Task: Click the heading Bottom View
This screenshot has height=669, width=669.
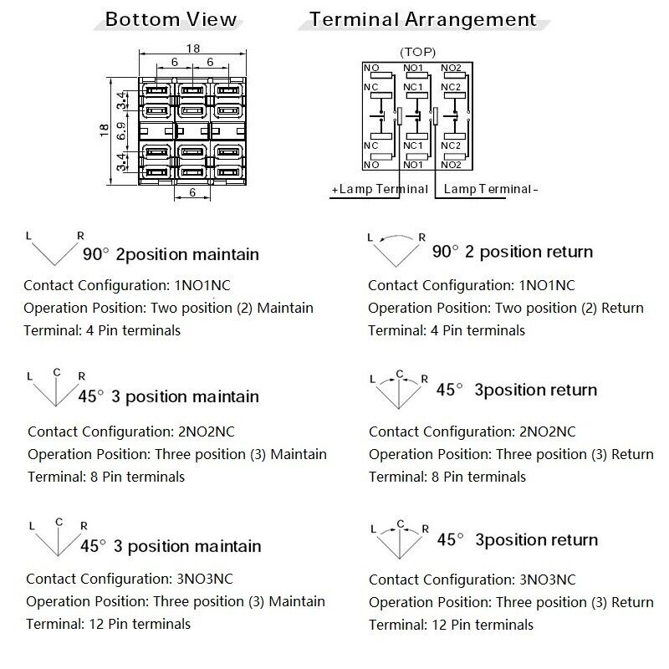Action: [171, 19]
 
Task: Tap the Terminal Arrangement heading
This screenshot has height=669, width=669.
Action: [423, 18]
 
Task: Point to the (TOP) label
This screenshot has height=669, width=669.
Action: [418, 52]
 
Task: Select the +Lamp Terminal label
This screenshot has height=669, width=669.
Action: [380, 189]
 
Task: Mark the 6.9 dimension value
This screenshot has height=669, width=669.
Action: [121, 130]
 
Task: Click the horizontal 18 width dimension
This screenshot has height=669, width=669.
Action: [192, 49]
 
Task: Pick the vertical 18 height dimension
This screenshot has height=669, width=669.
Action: [105, 130]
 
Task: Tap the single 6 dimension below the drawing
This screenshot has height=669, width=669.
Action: [193, 192]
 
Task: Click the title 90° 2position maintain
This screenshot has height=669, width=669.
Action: [171, 254]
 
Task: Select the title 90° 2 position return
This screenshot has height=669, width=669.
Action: [512, 252]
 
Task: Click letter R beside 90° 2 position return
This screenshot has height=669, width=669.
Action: [422, 237]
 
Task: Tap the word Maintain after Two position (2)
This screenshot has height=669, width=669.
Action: [285, 308]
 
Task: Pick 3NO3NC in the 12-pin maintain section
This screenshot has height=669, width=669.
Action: [203, 579]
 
